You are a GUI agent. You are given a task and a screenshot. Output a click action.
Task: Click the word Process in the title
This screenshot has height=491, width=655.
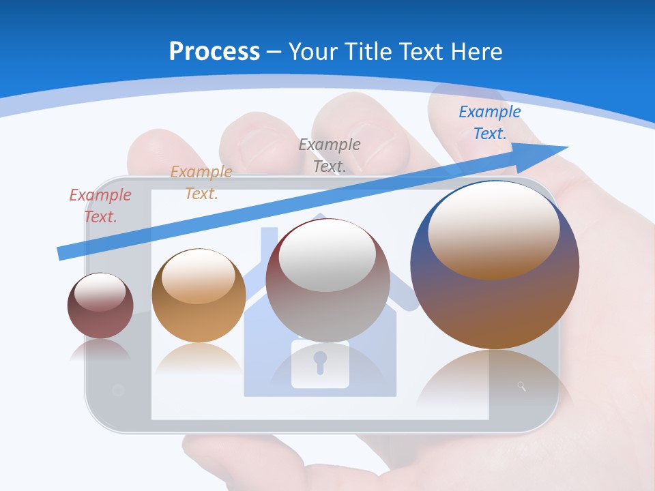[214, 52]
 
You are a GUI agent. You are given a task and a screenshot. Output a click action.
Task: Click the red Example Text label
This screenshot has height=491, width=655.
[100, 206]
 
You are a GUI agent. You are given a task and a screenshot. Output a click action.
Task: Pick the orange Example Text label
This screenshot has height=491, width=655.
[201, 183]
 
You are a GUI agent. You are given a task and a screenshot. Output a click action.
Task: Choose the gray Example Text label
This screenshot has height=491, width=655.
[330, 155]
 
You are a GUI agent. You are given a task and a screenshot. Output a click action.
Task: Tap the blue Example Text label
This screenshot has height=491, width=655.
[489, 123]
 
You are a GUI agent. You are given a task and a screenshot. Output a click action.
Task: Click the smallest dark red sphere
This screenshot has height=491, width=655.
[100, 306]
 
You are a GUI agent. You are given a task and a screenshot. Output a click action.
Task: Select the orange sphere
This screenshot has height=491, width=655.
[199, 296]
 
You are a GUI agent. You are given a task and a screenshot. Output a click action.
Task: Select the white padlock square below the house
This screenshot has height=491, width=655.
[320, 364]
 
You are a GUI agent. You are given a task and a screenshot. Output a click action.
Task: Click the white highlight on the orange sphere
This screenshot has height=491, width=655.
[199, 276]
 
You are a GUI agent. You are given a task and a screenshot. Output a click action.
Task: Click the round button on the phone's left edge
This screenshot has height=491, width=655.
[117, 391]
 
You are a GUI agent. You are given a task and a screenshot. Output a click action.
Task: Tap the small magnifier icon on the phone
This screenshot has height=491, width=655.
[522, 387]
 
